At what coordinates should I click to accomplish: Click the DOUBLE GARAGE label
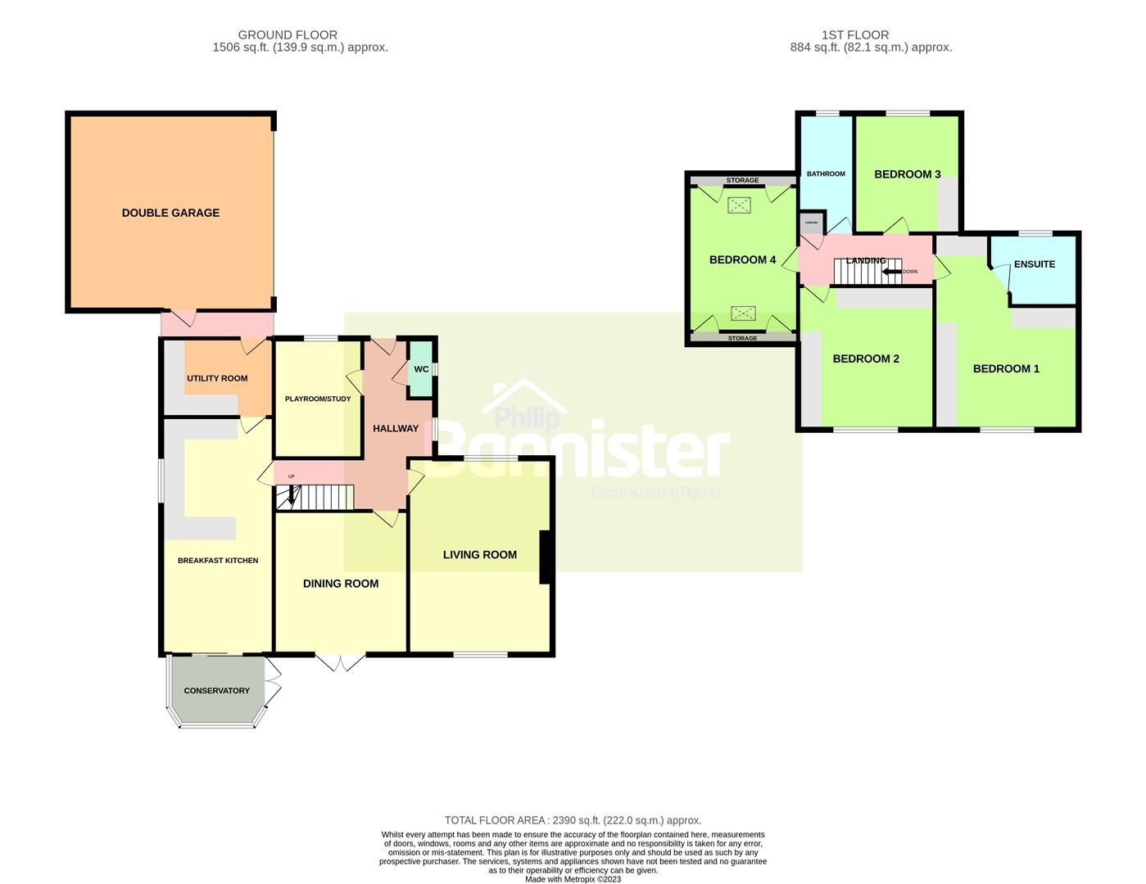(x=170, y=213)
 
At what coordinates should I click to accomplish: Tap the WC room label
(x=421, y=369)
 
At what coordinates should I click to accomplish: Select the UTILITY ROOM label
(x=217, y=378)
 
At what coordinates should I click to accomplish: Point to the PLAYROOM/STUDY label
(x=318, y=399)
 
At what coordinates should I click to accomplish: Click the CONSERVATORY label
(x=216, y=691)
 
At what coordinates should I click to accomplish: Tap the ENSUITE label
(x=1034, y=264)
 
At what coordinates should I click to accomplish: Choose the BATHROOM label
(x=826, y=174)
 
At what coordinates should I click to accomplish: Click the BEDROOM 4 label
(x=742, y=260)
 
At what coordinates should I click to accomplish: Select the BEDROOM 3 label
(x=907, y=174)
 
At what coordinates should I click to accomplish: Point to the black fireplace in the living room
(x=544, y=557)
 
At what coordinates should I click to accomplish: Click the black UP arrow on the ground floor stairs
(x=288, y=496)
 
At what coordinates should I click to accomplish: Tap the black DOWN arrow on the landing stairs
(x=891, y=271)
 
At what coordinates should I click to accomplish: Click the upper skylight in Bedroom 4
(x=741, y=205)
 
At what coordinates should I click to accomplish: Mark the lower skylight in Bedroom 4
(x=743, y=313)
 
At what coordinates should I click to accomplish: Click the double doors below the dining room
(x=340, y=663)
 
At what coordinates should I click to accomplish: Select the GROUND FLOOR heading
(x=288, y=34)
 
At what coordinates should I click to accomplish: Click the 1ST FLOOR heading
(x=855, y=34)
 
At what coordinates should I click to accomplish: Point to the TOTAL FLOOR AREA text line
(x=573, y=820)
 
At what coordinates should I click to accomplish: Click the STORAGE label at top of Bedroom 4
(x=743, y=180)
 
